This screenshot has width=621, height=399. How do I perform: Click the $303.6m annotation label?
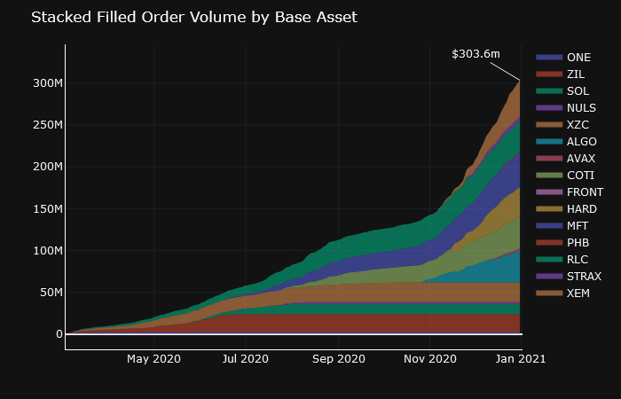pyautogui.click(x=476, y=54)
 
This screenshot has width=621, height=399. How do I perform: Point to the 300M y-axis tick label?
pyautogui.click(x=46, y=83)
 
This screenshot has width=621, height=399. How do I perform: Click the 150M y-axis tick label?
pyautogui.click(x=46, y=209)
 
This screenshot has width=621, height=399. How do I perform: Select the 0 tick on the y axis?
pyautogui.click(x=59, y=334)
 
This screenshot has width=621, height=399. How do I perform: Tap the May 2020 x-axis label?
pyautogui.click(x=153, y=359)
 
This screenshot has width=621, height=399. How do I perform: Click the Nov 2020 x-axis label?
pyautogui.click(x=429, y=359)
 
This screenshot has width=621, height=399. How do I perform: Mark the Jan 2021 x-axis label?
pyautogui.click(x=520, y=359)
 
